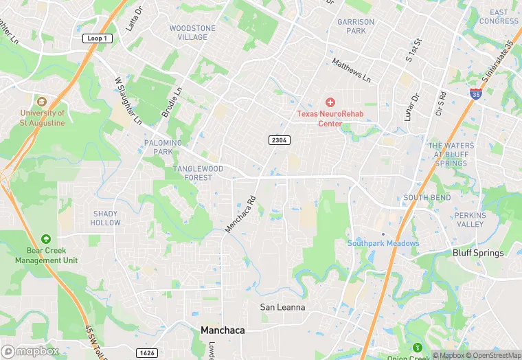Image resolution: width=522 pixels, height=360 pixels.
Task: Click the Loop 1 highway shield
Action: [x=96, y=38]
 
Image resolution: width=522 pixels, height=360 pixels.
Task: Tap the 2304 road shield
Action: [x=278, y=140]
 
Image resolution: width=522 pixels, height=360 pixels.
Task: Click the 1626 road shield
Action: [x=146, y=352]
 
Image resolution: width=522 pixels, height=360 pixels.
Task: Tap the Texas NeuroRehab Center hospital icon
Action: [x=330, y=102]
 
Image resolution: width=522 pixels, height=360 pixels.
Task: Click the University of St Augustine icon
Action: [x=42, y=101]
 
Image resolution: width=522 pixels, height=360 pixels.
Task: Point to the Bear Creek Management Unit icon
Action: [x=46, y=239]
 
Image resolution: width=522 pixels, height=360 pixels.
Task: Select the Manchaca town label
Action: [x=223, y=330]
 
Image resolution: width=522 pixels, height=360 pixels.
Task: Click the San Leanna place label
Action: [x=282, y=307]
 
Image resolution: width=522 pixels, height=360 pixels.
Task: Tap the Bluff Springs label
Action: [x=478, y=253]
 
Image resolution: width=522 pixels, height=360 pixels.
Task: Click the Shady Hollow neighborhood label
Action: [x=106, y=218]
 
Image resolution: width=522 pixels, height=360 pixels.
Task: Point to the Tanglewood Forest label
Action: [x=198, y=173]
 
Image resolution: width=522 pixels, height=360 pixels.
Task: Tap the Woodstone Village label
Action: [x=192, y=33]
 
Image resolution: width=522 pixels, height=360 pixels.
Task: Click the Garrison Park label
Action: [x=356, y=26]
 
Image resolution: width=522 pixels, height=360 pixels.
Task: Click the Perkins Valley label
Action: [x=470, y=220]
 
